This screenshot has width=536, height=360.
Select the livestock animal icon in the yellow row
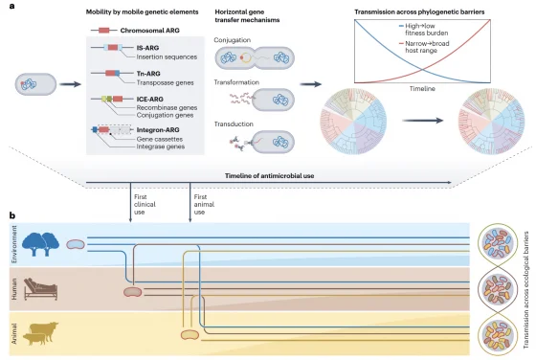[x=39, y=334]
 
